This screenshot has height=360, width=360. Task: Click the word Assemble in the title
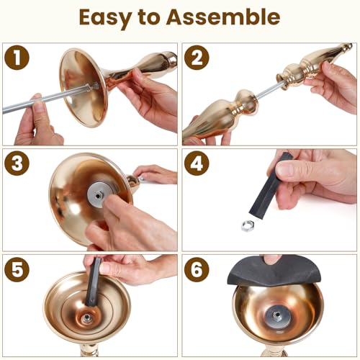pyautogui.click(x=223, y=17)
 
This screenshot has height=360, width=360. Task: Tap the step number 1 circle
pyautogui.click(x=17, y=58)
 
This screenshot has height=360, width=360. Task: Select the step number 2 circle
pyautogui.click(x=197, y=58)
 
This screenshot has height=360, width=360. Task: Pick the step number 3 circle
pyautogui.click(x=17, y=163)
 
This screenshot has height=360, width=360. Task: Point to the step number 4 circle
pyautogui.click(x=197, y=163)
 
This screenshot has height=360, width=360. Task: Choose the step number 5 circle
pyautogui.click(x=17, y=269)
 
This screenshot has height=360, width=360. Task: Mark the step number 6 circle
pyautogui.click(x=197, y=269)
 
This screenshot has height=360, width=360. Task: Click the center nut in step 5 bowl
pyautogui.click(x=86, y=318)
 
